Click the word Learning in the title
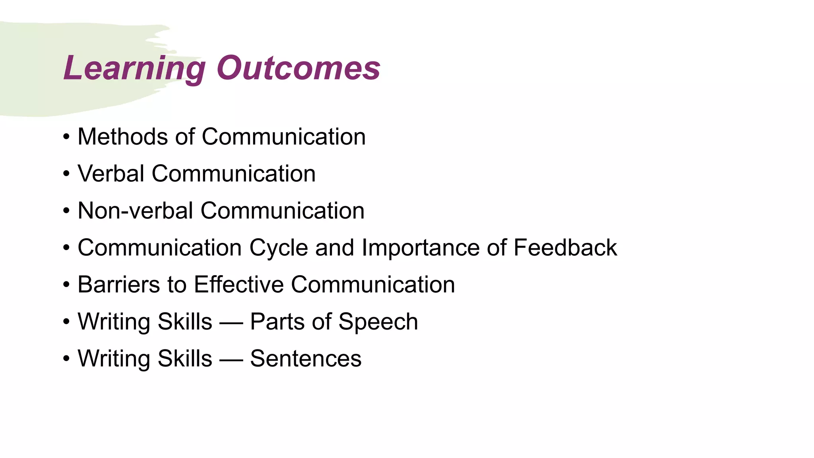(x=134, y=68)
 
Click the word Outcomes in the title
(x=298, y=68)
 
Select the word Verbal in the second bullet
(x=111, y=174)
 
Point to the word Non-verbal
(x=135, y=211)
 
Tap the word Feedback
(x=565, y=248)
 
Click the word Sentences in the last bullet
(x=306, y=359)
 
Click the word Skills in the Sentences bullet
(x=185, y=359)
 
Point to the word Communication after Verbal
(x=234, y=174)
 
